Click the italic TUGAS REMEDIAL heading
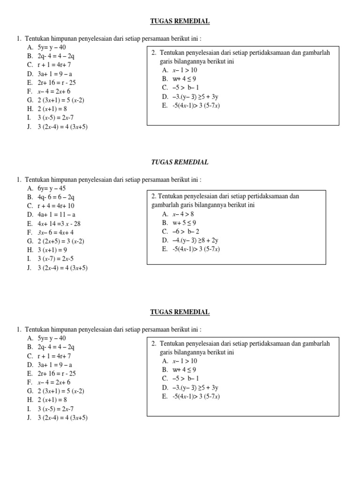(x=180, y=162)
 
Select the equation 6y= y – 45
(x=52, y=188)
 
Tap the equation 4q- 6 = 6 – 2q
(x=56, y=197)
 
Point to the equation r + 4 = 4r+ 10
(x=56, y=206)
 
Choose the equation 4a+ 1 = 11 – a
(x=56, y=215)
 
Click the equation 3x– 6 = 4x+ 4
(x=56, y=232)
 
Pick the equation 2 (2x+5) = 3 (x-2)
(x=61, y=241)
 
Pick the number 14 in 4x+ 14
(x=52, y=224)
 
